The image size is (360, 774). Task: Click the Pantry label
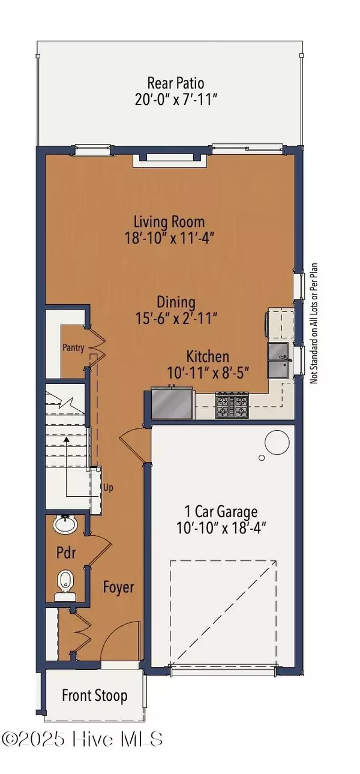tap(73, 347)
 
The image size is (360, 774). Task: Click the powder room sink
tap(65, 525)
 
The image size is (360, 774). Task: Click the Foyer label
tap(118, 586)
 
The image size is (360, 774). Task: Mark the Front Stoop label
tap(95, 695)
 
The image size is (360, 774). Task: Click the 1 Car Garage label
tap(222, 512)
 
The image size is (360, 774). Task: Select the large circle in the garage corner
tap(277, 443)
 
